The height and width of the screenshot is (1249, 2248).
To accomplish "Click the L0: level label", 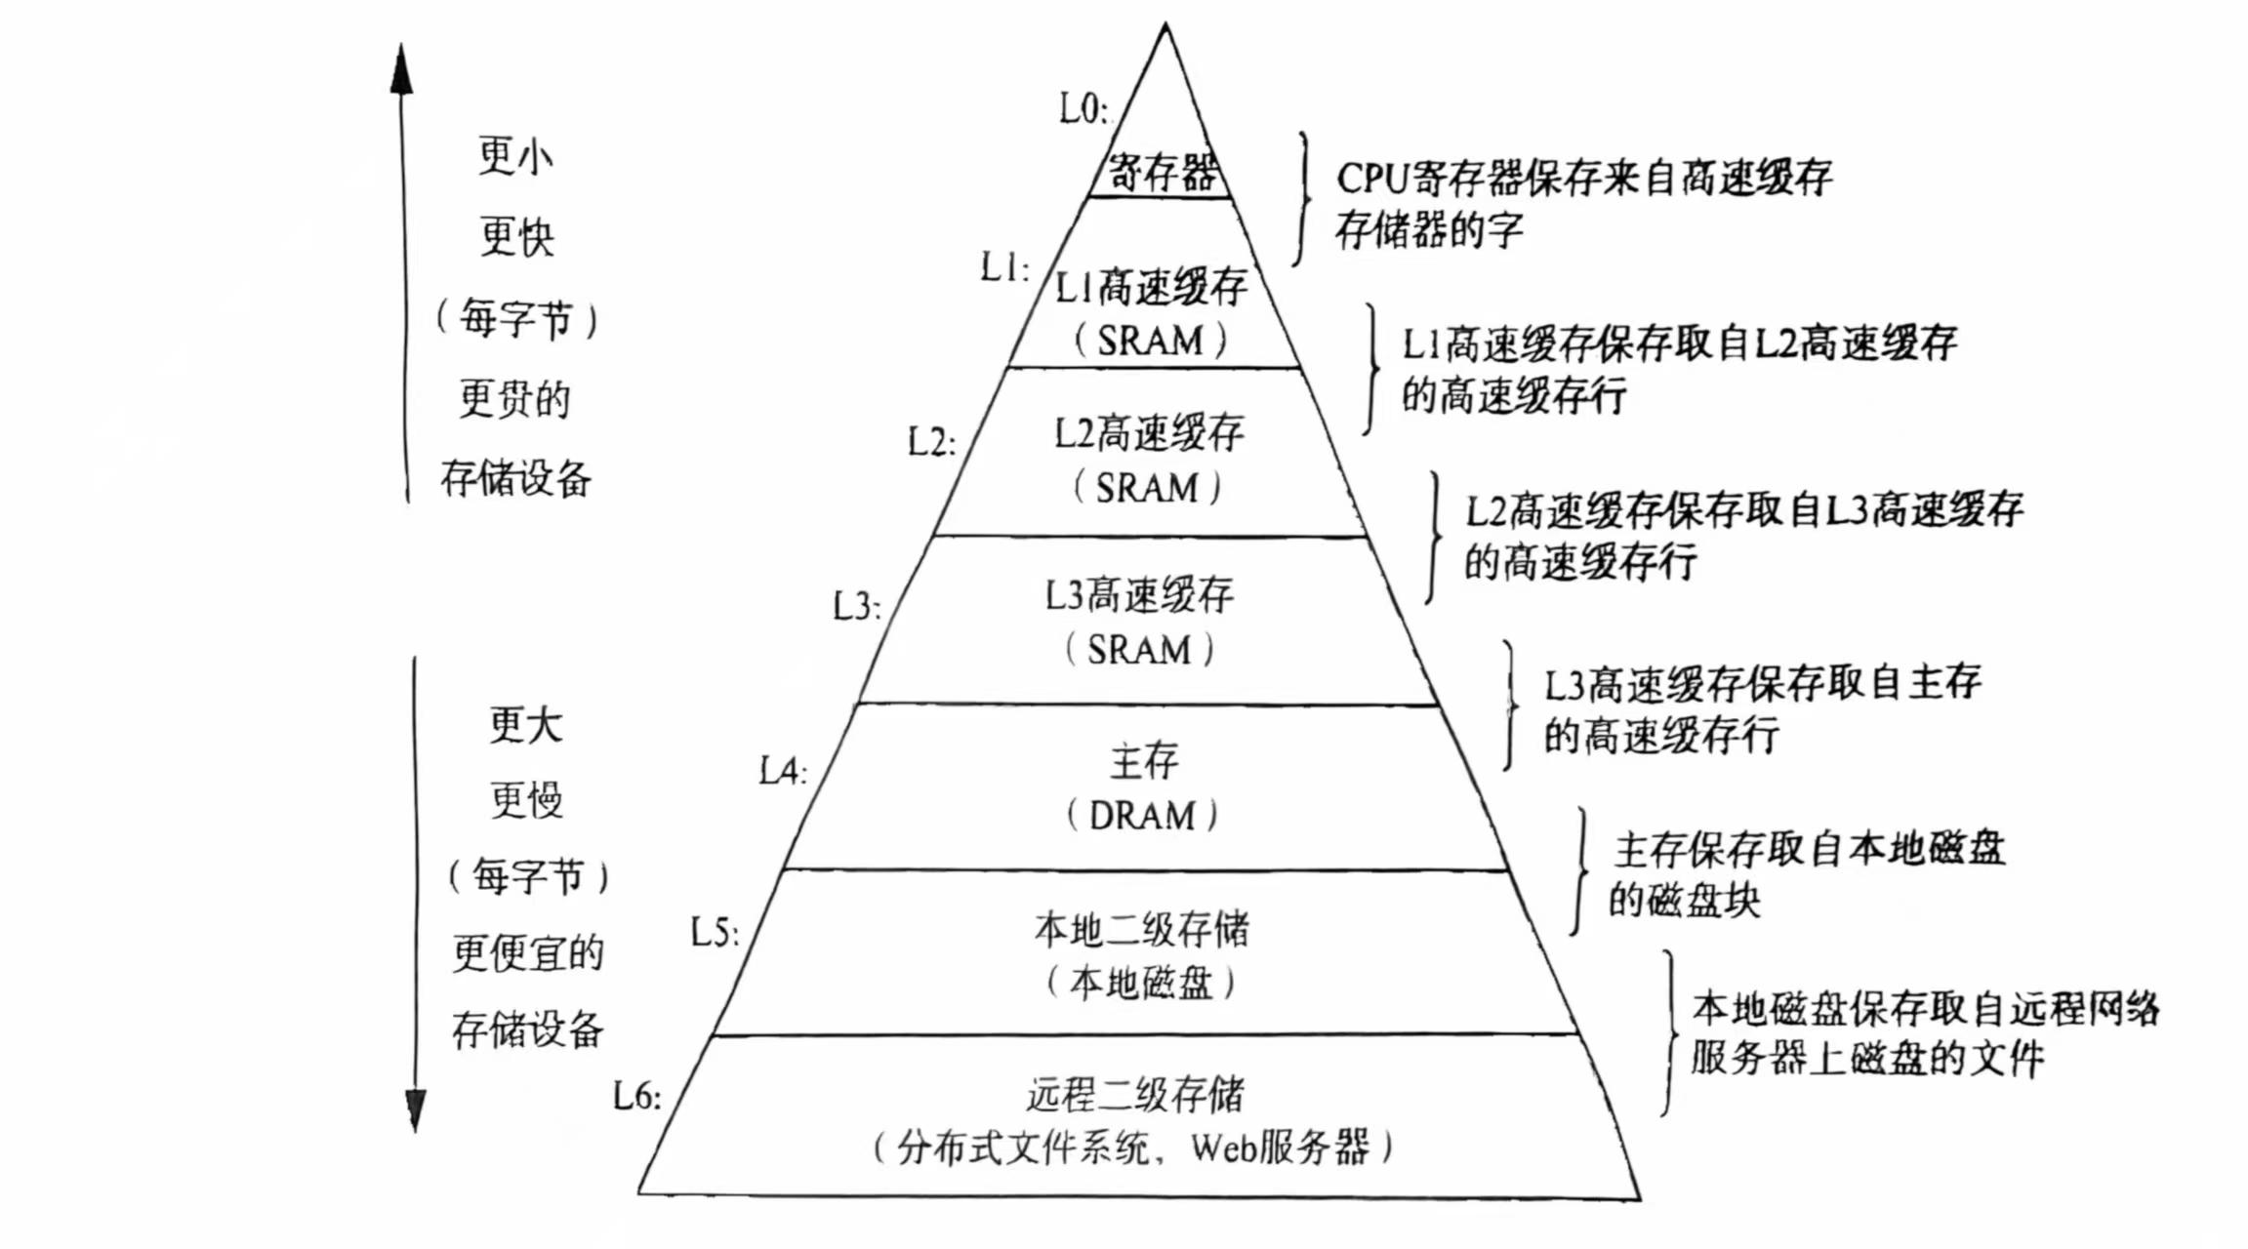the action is pyautogui.click(x=1083, y=108).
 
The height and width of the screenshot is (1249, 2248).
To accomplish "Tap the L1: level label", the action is pyautogui.click(x=1004, y=266).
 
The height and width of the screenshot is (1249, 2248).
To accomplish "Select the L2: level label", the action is pyautogui.click(x=931, y=442).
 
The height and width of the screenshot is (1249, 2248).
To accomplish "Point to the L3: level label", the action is pyautogui.click(x=856, y=607).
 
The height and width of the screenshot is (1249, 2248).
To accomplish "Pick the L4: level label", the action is pyautogui.click(x=783, y=772).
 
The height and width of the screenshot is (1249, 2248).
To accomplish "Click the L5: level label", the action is pyautogui.click(x=715, y=933).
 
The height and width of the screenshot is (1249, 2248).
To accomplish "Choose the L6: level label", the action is pyautogui.click(x=636, y=1097).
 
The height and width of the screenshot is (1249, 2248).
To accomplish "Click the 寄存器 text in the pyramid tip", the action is pyautogui.click(x=1162, y=173).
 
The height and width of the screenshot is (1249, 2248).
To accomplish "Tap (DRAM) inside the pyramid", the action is pyautogui.click(x=1141, y=816).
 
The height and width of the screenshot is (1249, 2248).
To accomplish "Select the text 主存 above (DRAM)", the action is pyautogui.click(x=1144, y=761).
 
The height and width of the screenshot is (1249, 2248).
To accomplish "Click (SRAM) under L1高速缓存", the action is pyautogui.click(x=1150, y=341).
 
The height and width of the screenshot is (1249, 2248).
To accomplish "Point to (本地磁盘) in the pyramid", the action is pyautogui.click(x=1140, y=983).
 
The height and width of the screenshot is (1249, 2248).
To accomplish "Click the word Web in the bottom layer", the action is pyautogui.click(x=1221, y=1148).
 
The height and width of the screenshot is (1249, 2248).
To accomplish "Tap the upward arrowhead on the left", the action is pyautogui.click(x=401, y=68).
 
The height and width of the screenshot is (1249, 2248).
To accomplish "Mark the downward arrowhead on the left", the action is pyautogui.click(x=416, y=1110).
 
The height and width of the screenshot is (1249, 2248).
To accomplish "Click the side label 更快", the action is pyautogui.click(x=516, y=237).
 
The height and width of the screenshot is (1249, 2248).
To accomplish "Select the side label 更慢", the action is pyautogui.click(x=526, y=800).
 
